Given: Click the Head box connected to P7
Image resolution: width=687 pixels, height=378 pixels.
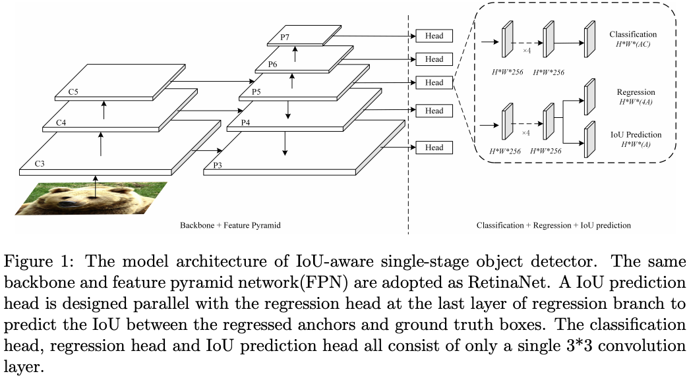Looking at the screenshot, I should pyautogui.click(x=434, y=36).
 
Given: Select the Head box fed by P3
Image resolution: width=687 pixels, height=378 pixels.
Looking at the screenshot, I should pyautogui.click(x=434, y=148).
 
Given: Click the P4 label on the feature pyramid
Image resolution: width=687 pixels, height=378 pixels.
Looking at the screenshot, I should pyautogui.click(x=245, y=122).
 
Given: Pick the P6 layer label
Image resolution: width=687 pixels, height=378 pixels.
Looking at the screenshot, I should pyautogui.click(x=272, y=64).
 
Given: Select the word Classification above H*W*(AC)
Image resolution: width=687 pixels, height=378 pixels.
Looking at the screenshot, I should pyautogui.click(x=633, y=34).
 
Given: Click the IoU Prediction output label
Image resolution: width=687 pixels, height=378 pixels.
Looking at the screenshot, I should pyautogui.click(x=634, y=135).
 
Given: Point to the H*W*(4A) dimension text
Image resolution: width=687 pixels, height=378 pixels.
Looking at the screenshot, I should pyautogui.click(x=634, y=102).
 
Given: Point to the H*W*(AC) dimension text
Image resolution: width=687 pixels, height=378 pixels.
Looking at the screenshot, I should pyautogui.click(x=633, y=43).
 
